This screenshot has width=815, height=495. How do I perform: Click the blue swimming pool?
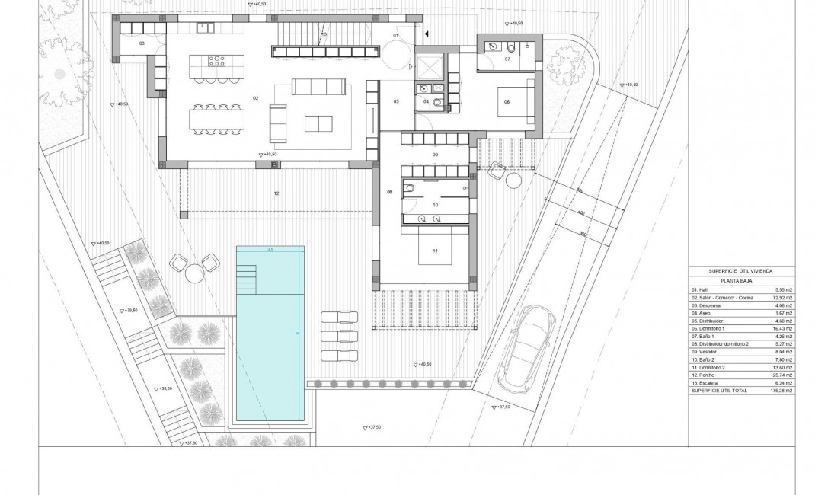270,335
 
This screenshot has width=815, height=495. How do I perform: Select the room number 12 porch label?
276,194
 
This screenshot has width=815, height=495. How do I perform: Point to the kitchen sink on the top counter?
203,28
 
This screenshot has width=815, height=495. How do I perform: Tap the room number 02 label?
256,98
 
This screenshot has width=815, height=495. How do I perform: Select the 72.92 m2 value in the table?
782,298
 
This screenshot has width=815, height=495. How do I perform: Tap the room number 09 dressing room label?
435,155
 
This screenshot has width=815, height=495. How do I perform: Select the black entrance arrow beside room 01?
427,33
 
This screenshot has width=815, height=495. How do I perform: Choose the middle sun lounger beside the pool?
338,336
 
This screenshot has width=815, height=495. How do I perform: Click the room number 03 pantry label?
142,44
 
